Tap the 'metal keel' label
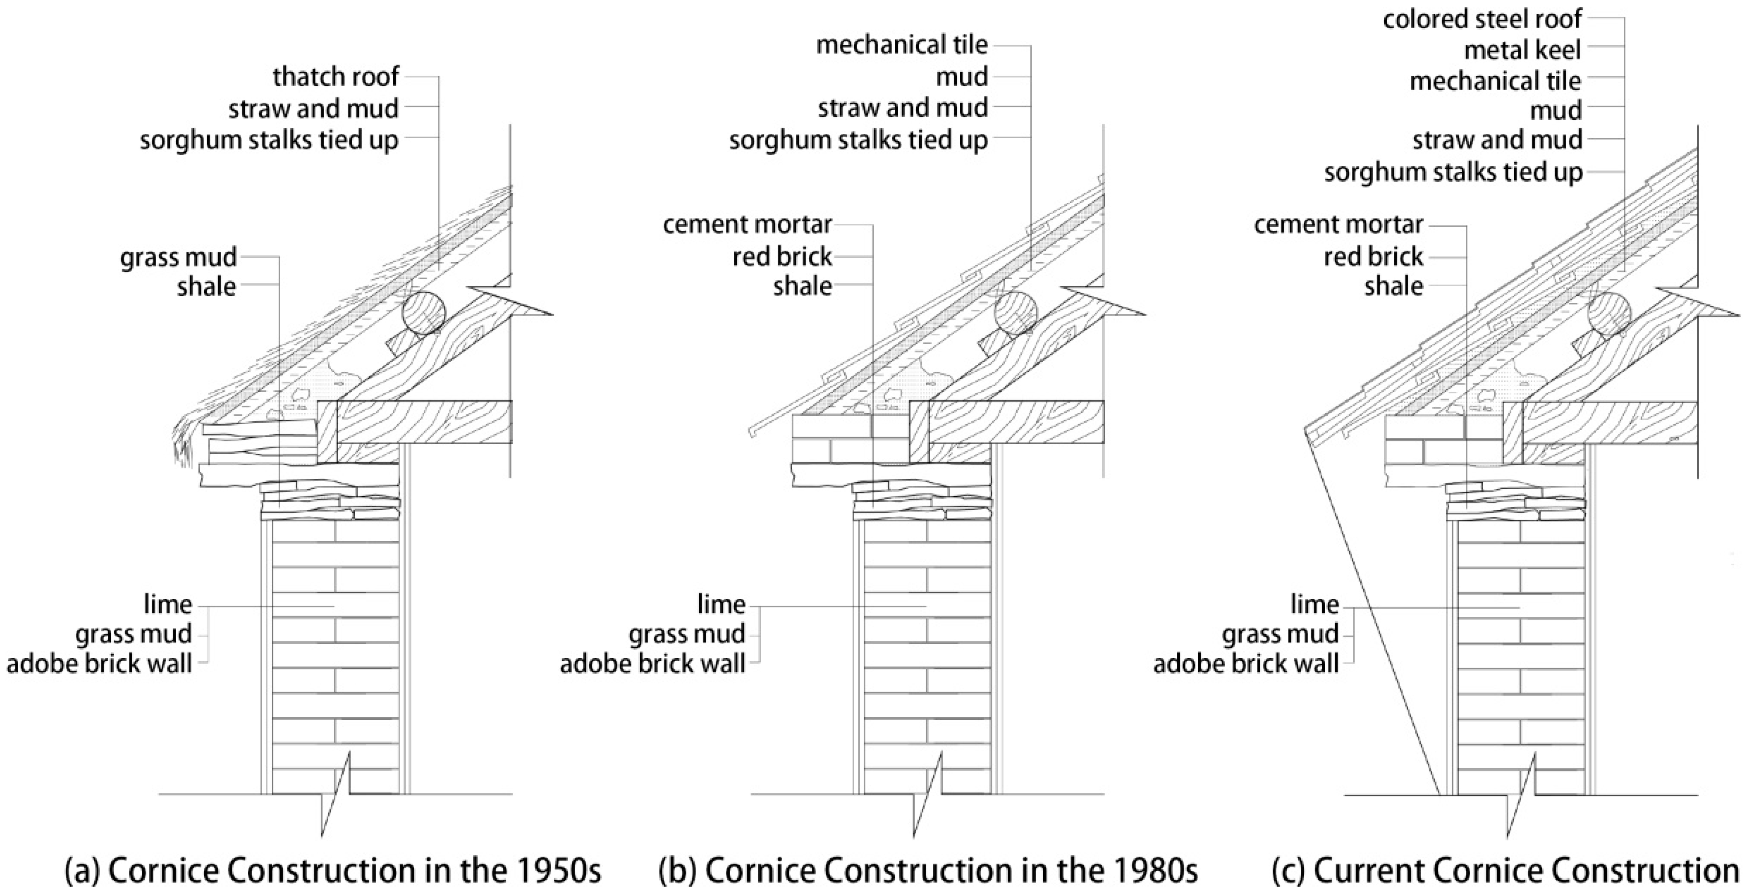click(x=1522, y=50)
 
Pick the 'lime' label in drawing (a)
click(x=168, y=603)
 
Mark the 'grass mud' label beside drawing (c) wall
click(x=1280, y=634)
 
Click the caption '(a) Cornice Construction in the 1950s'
click(x=332, y=871)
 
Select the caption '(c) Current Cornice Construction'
click(x=1505, y=871)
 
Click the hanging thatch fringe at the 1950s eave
click(x=184, y=441)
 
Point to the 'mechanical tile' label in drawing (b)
click(x=902, y=45)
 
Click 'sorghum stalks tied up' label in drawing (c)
click(x=1453, y=172)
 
